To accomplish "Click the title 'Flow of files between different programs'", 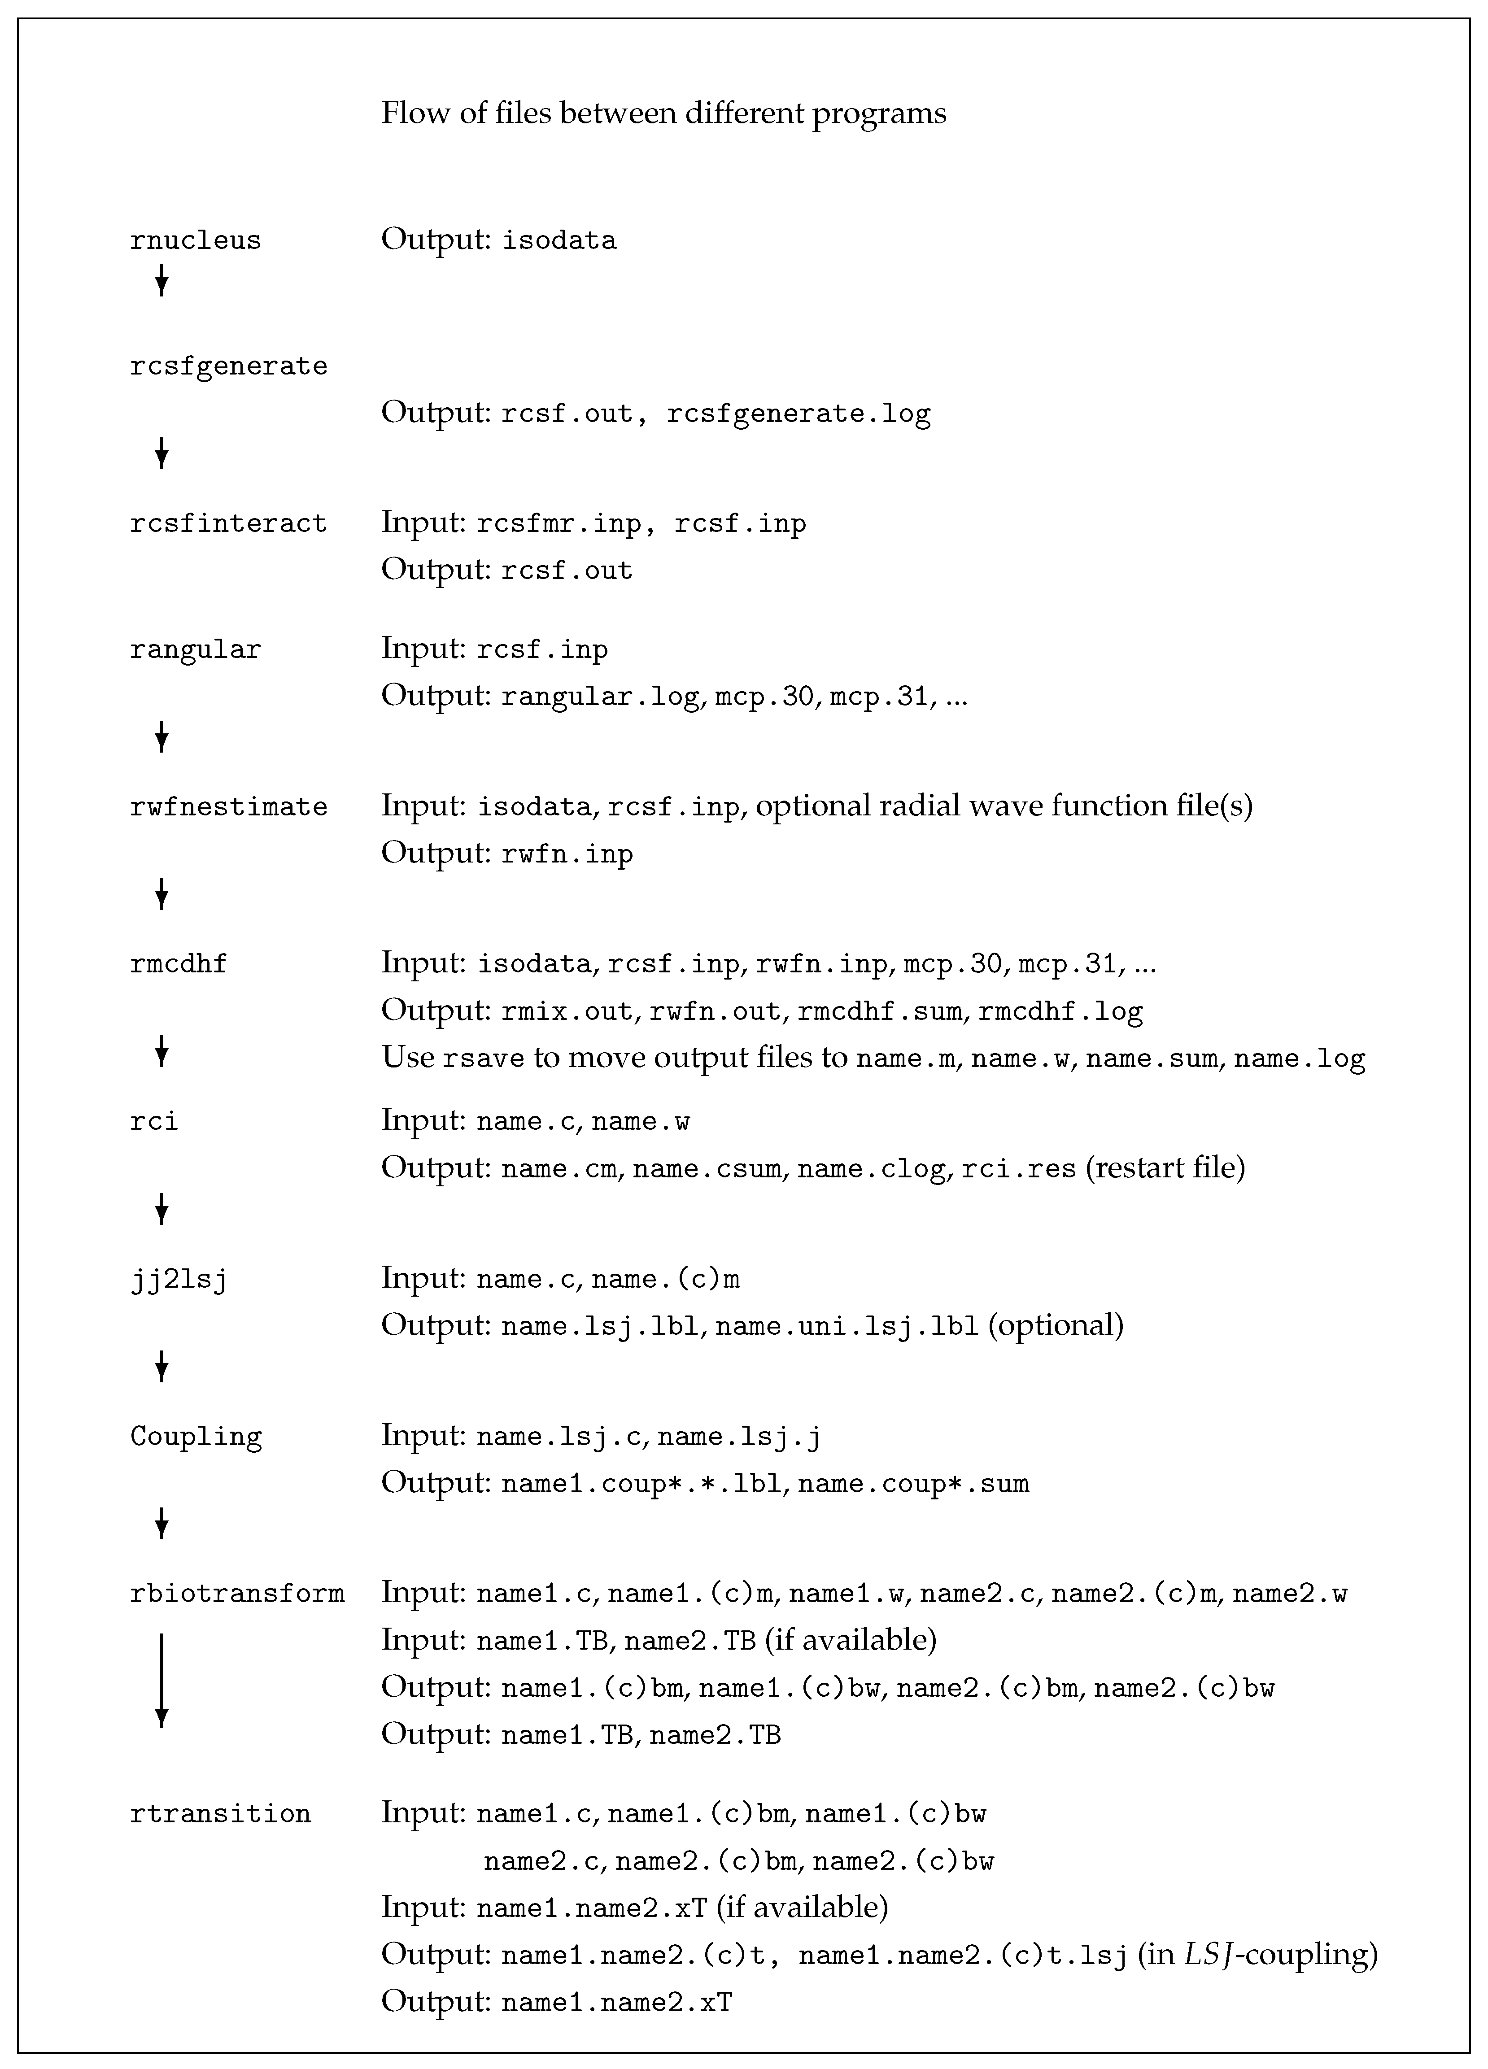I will coord(663,114).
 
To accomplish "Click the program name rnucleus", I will coord(195,241).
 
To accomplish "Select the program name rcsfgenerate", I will coord(228,367).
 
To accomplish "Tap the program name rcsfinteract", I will coord(228,523).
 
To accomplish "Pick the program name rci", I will coord(154,1121).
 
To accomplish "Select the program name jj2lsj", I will coord(179,1279).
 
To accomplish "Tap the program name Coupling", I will coord(195,1437).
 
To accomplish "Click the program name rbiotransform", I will coord(237,1594).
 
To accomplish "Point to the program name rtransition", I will coord(220,1813).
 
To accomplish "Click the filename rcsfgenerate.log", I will coord(799,414).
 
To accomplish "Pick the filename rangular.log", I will coord(600,697).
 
